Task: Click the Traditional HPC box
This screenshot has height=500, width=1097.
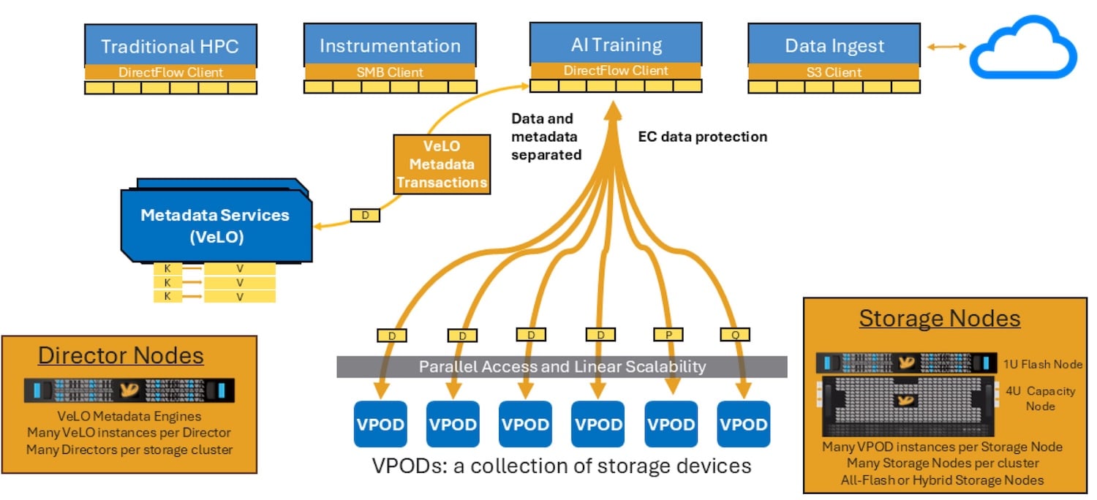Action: [x=170, y=45]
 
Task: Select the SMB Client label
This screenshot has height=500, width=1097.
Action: [x=390, y=72]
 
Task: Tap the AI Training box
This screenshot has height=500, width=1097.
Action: [x=616, y=44]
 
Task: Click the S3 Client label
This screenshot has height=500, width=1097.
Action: [x=834, y=72]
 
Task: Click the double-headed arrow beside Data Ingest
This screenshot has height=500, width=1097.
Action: [x=946, y=47]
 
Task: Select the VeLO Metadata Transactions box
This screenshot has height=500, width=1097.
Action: [x=442, y=164]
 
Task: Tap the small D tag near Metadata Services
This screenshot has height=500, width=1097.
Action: [x=365, y=215]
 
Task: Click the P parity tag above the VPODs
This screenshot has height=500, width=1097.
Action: [x=668, y=335]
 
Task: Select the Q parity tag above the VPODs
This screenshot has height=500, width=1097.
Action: [x=735, y=335]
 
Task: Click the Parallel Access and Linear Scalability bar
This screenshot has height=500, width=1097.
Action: [x=562, y=367]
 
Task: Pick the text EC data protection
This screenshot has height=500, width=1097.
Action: [x=702, y=137]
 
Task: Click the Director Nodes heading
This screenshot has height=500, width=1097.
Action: [x=121, y=355]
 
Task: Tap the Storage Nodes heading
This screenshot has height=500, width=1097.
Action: [x=939, y=318]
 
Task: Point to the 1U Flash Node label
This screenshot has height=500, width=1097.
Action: [x=1042, y=364]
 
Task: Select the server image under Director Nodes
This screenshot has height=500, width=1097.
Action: [x=129, y=390]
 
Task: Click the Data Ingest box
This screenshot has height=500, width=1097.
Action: [x=834, y=45]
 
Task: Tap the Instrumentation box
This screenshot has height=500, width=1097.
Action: [x=390, y=45]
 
